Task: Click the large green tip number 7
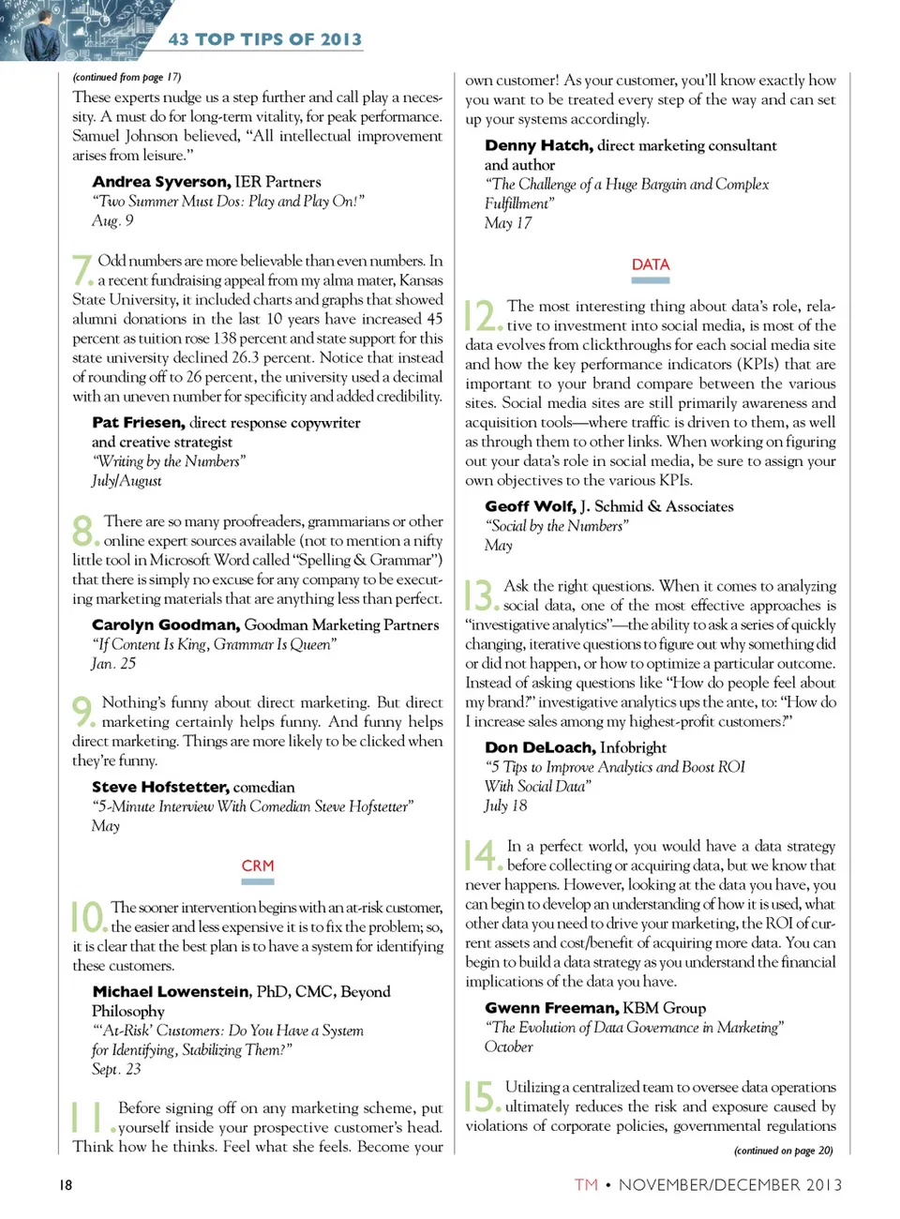point(82,269)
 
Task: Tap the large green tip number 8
point(83,530)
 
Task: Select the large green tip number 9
point(82,711)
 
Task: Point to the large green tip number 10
point(87,916)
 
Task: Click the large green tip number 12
point(482,315)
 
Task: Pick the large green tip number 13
point(479,594)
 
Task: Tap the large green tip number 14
point(481,854)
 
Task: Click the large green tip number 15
point(480,1095)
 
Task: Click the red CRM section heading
point(258,865)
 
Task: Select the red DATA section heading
point(651,264)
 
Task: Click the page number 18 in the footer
point(66,1184)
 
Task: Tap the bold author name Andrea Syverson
point(160,182)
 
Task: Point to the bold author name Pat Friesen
point(139,423)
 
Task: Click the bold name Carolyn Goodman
point(166,625)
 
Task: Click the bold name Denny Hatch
point(538,145)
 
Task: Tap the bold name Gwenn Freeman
point(551,1008)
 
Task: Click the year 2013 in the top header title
point(340,39)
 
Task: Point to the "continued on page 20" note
point(783,1151)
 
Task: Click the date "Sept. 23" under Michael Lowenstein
point(116,1069)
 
